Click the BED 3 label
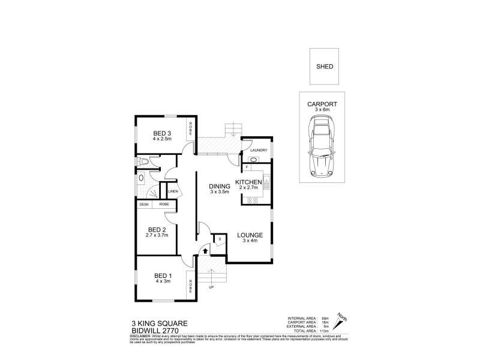coord(162,133)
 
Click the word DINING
coord(219,187)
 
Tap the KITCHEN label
coord(248,182)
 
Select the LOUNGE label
coord(248,235)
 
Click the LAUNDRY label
coord(250,150)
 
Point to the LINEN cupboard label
coord(173,192)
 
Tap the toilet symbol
coord(142,161)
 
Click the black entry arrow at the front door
coord(206,251)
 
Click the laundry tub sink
coord(253,160)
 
